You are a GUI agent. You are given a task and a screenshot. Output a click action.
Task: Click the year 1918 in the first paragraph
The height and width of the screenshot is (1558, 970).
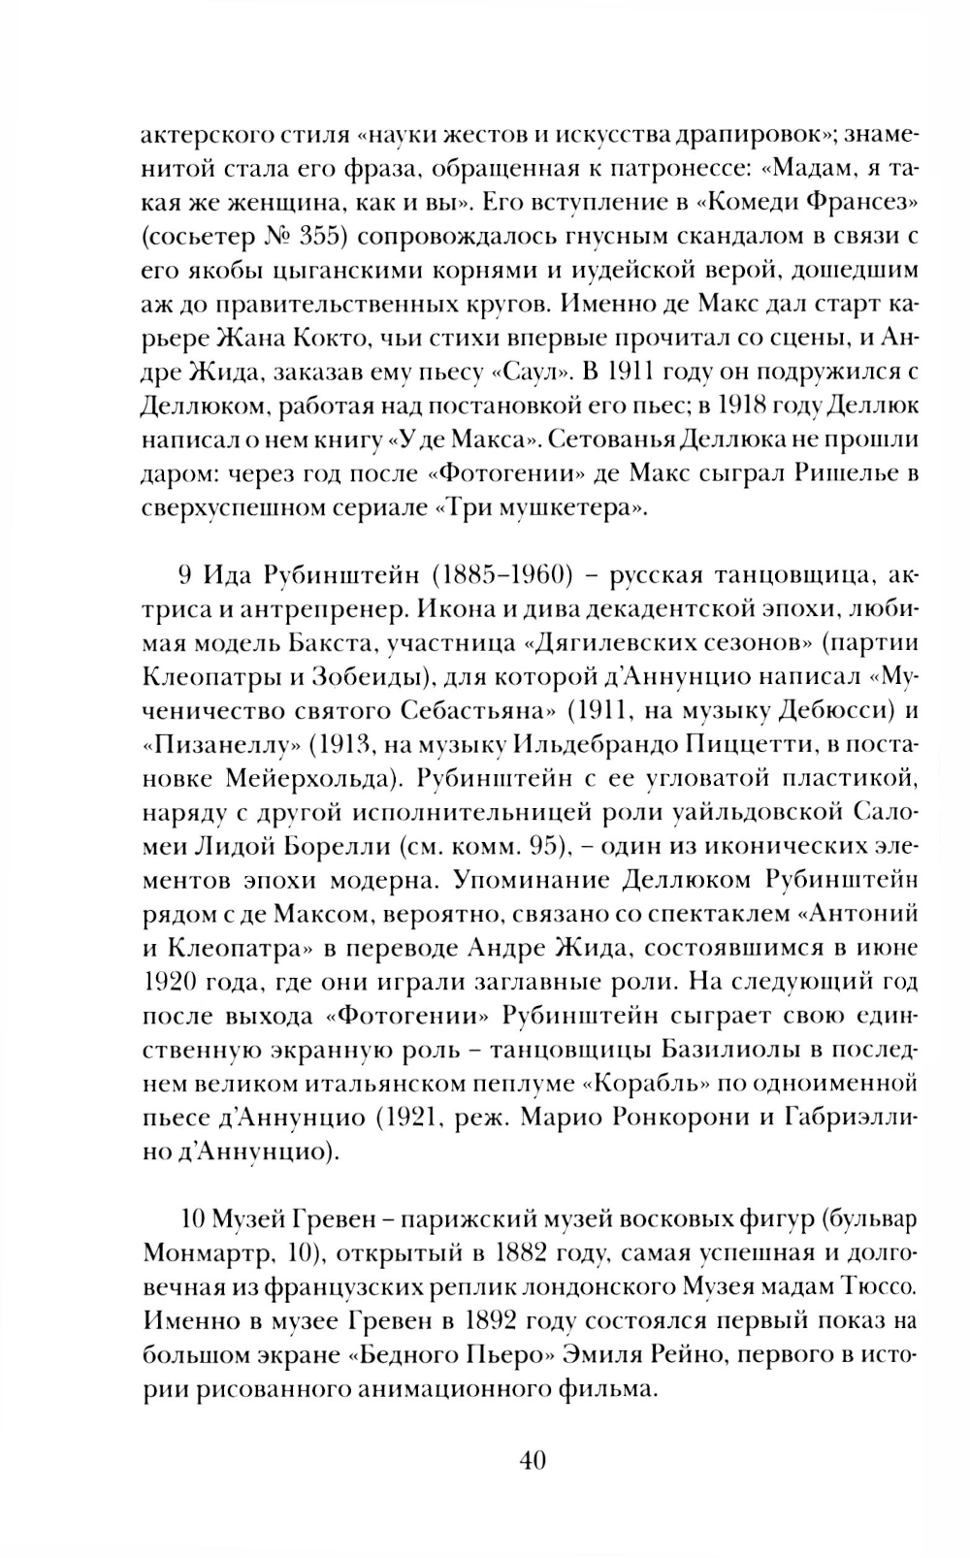click(x=742, y=406)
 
